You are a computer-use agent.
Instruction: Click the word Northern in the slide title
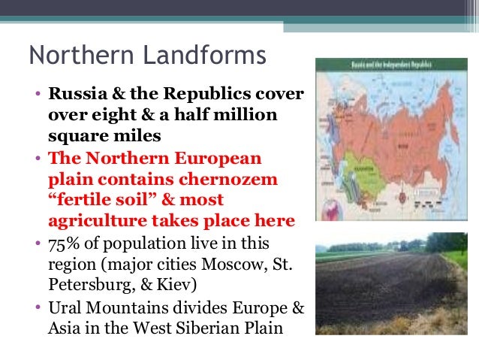[x=72, y=55]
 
